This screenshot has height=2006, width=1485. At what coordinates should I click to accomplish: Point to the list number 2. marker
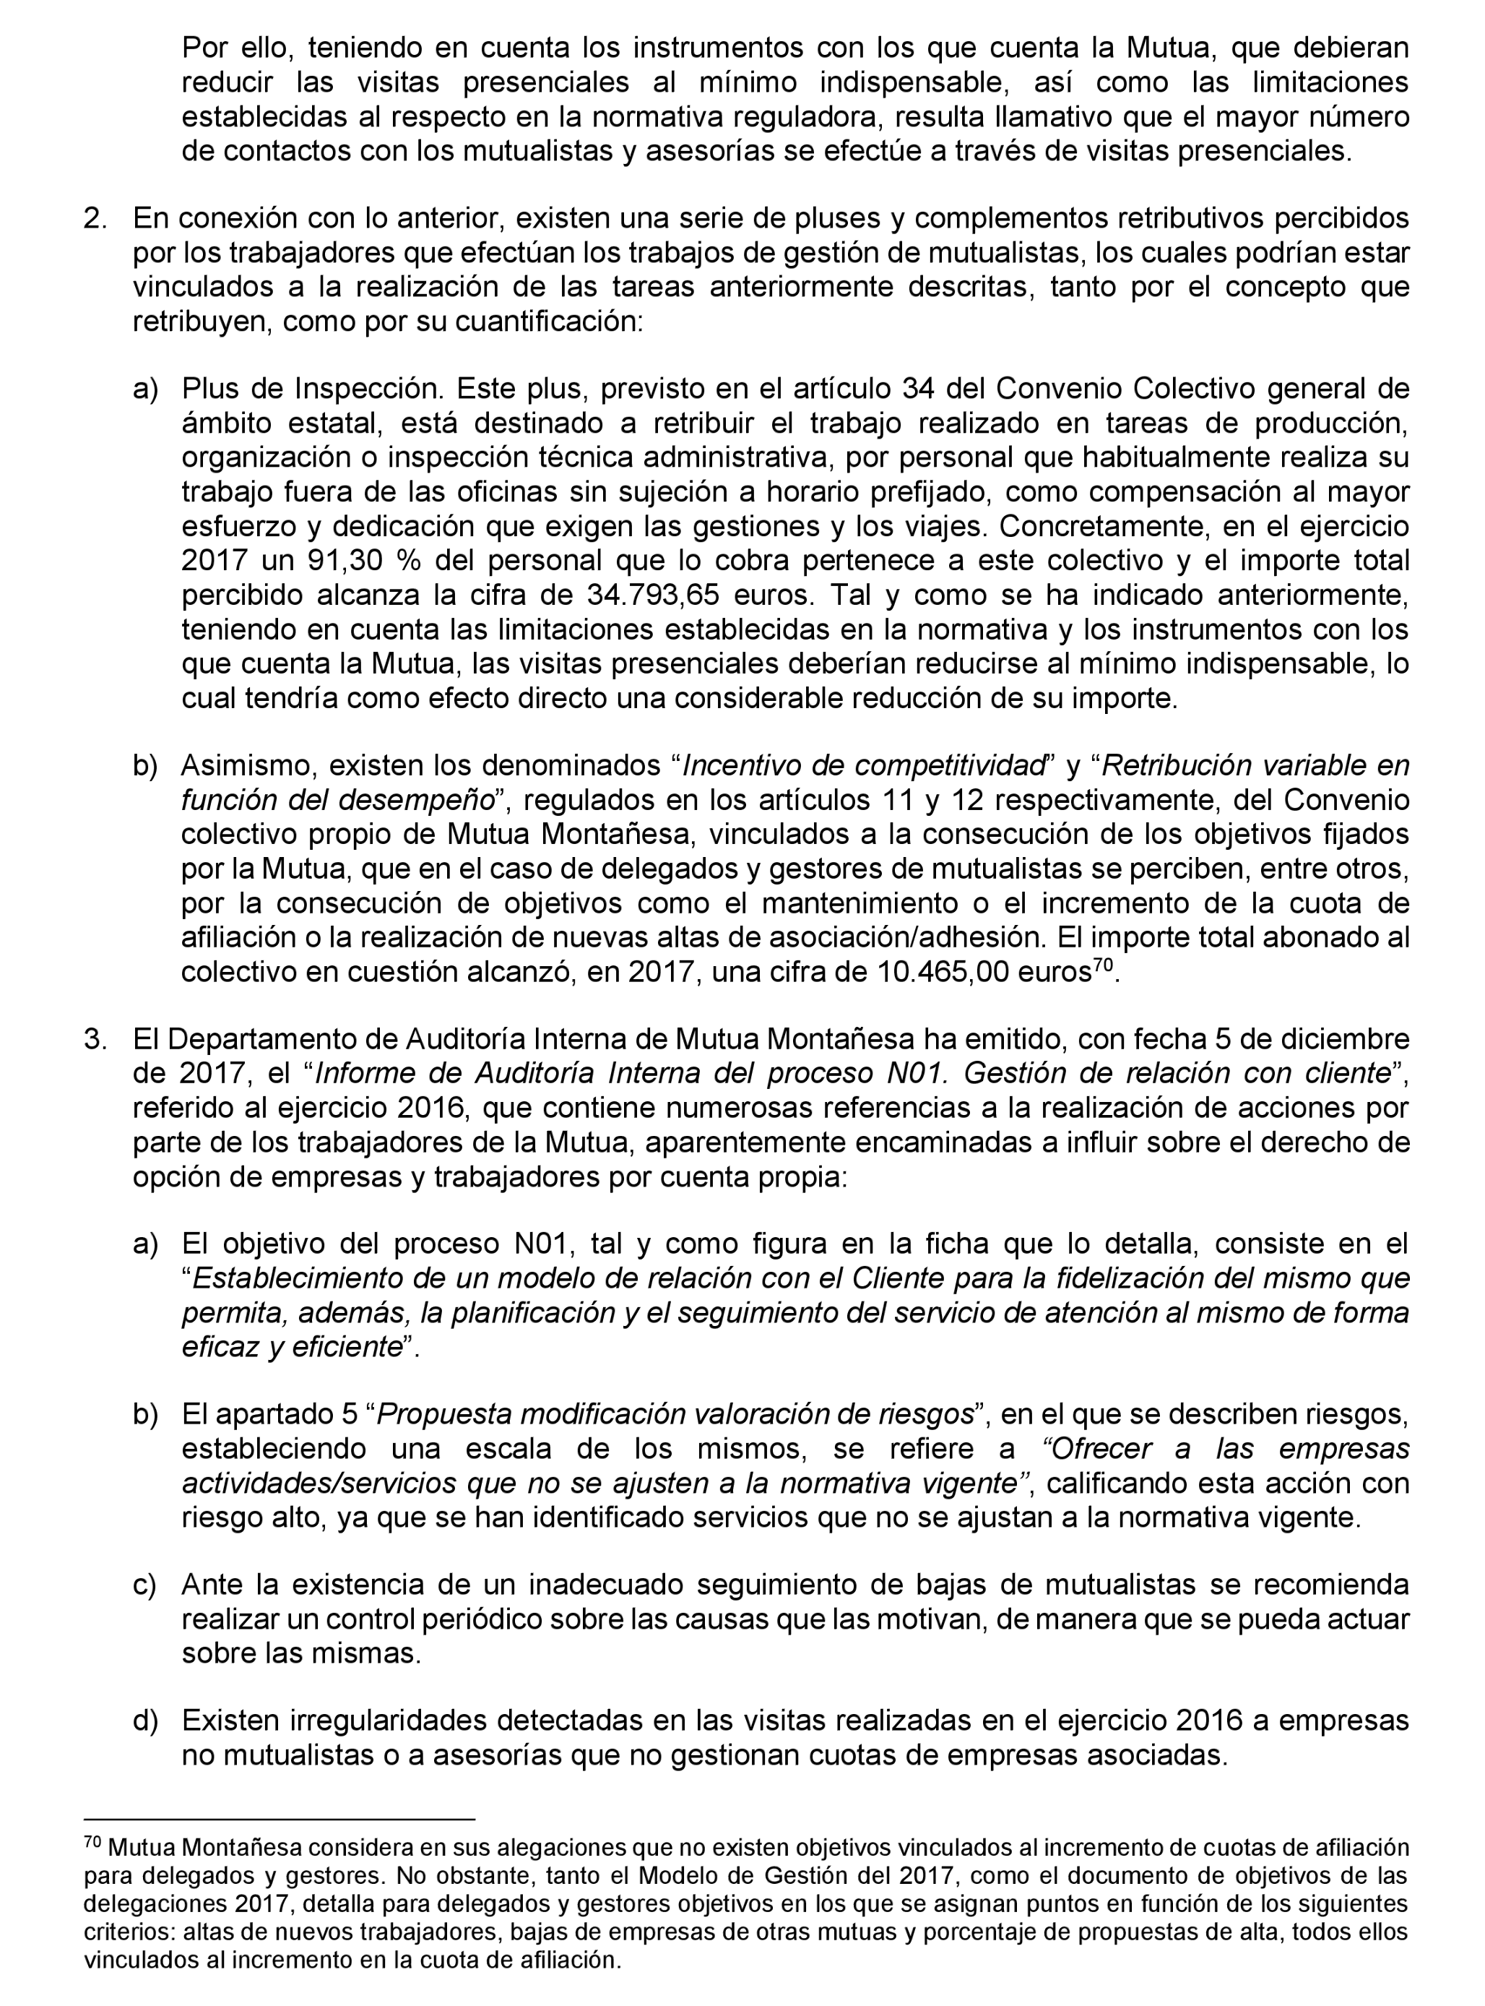(95, 218)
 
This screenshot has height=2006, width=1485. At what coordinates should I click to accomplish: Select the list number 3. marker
(95, 1039)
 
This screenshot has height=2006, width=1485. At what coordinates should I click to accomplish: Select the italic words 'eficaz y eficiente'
(290, 1347)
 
